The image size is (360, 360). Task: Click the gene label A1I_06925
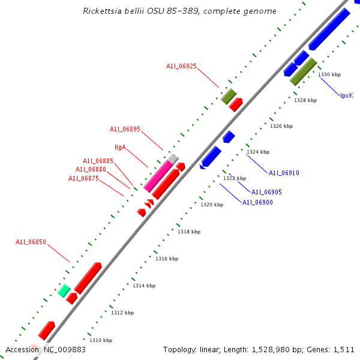tap(181, 66)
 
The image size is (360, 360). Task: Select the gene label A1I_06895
tap(125, 129)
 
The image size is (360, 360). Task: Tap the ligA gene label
tap(120, 146)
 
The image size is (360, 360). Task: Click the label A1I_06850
tap(31, 242)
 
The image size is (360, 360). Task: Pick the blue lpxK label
tap(347, 95)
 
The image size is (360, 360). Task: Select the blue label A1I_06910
tap(284, 173)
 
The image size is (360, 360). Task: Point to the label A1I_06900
tap(257, 202)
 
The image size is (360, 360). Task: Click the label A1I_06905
tap(266, 192)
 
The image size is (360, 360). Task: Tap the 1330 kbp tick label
tap(329, 74)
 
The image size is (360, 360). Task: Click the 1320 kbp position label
tap(212, 205)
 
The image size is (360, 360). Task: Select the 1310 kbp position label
tap(101, 340)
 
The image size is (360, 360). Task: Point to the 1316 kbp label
tap(167, 259)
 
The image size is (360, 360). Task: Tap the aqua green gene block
tap(64, 291)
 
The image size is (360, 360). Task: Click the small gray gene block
tap(173, 158)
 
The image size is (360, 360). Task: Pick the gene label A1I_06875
tap(83, 178)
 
